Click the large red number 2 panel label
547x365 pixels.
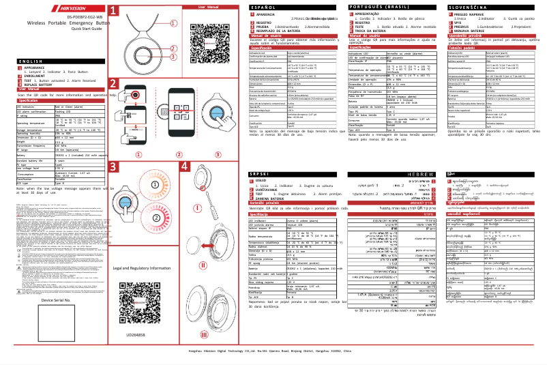[x=113, y=85]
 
